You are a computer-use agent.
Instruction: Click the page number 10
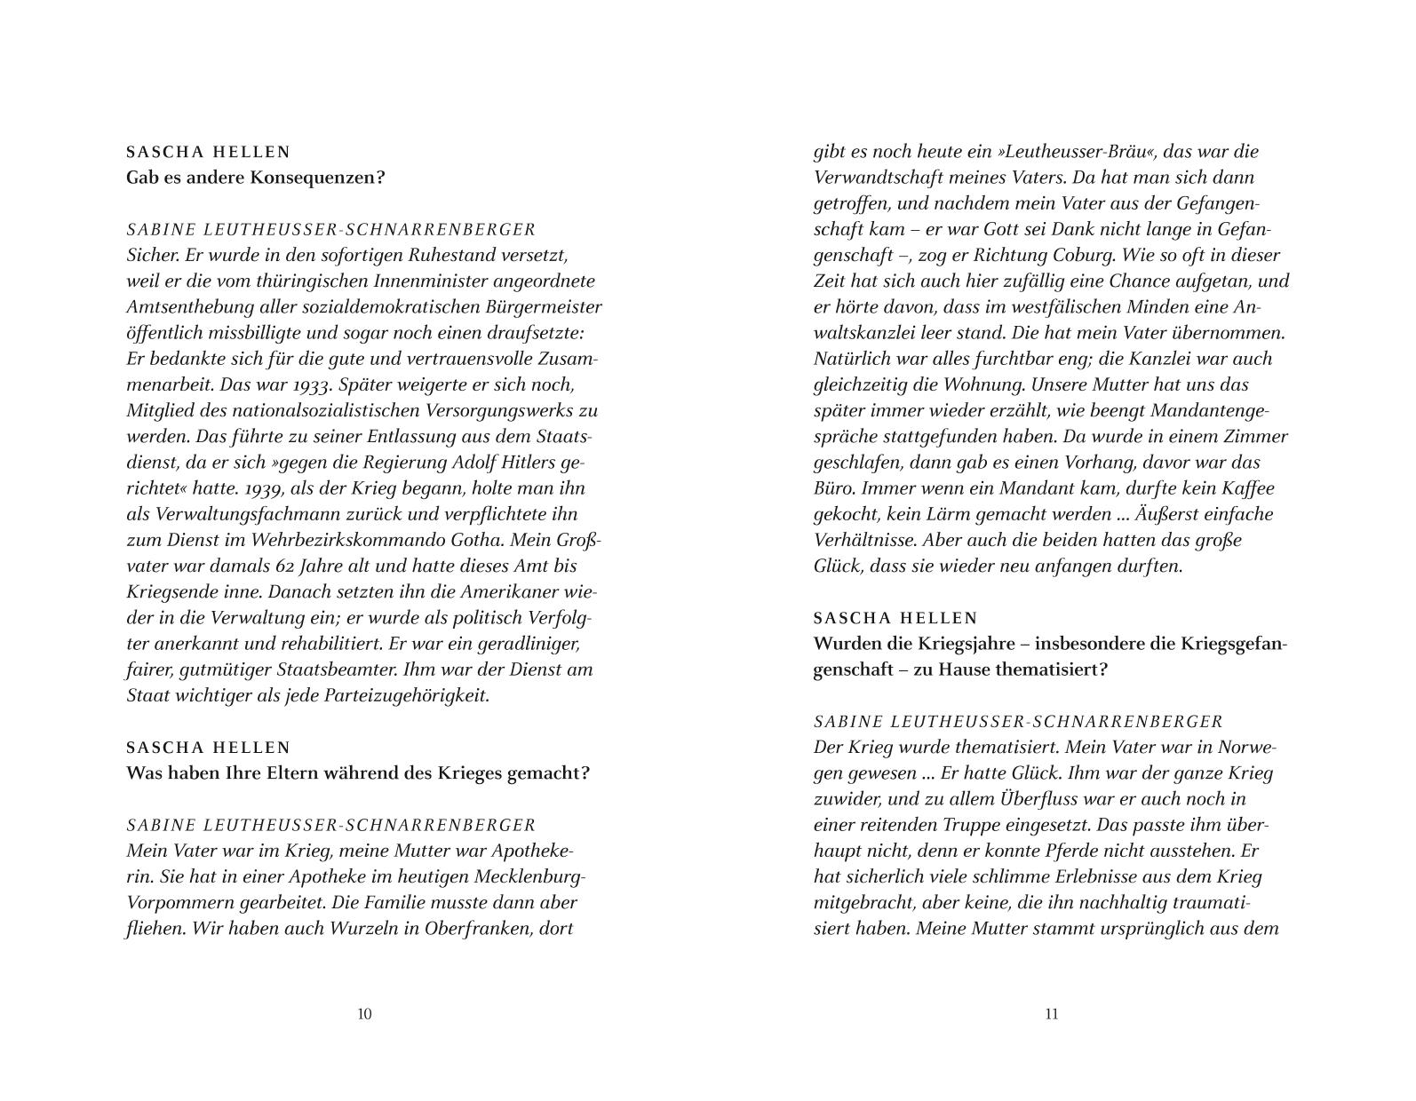pos(364,1014)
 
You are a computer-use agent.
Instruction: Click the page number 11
pos(1052,1014)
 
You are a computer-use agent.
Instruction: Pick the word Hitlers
pos(517,463)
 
